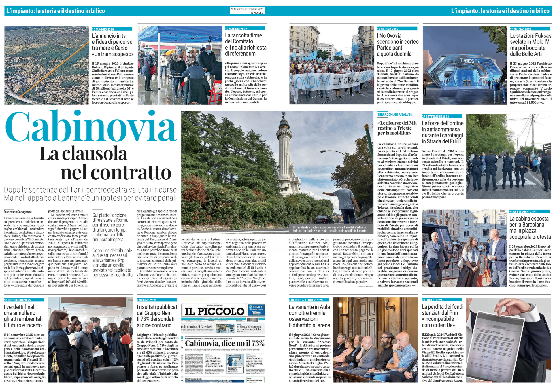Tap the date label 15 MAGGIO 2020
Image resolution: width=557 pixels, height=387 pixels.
point(103,29)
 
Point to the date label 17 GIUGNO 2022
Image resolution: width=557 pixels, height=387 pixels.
point(388,29)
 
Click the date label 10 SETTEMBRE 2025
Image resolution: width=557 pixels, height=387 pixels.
point(17,300)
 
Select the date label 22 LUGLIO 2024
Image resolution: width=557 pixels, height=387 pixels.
point(432,300)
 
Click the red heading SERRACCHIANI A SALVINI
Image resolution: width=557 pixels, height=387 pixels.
point(395,115)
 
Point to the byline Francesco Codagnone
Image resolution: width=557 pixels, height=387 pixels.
point(18,212)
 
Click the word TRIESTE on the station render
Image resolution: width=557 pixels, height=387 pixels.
point(470,61)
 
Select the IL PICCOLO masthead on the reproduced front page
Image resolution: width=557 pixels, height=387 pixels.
point(214,311)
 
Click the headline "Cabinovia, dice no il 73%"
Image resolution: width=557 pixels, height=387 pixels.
point(224,343)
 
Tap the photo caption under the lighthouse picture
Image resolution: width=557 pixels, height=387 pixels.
point(330,229)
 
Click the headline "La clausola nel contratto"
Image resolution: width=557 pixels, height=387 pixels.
point(105,163)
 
